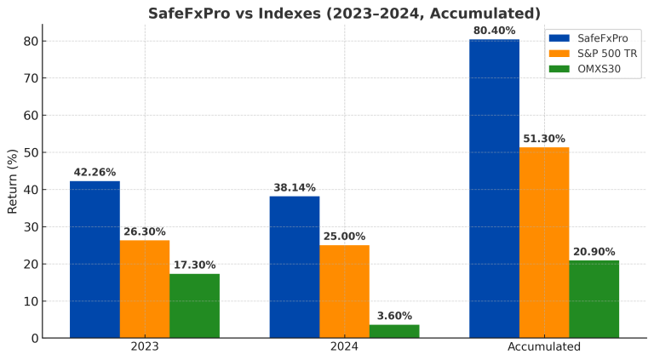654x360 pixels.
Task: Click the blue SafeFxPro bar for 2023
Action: tap(95, 259)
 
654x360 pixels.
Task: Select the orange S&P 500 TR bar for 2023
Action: tap(145, 289)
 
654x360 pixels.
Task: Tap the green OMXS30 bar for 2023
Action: tap(195, 305)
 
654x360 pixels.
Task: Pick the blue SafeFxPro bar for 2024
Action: tap(295, 266)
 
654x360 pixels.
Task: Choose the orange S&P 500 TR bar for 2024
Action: tap(345, 291)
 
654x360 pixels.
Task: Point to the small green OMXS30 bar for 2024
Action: tap(394, 331)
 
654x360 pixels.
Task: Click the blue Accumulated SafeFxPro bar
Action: tap(494, 188)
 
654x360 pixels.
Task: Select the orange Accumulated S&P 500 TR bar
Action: tap(544, 242)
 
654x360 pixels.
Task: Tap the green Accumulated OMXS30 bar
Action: tap(594, 299)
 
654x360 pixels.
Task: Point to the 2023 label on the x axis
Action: tap(145, 347)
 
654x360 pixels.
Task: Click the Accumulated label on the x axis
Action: tap(544, 347)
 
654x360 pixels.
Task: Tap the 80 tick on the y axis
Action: tap(30, 41)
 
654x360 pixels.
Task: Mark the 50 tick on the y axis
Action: tap(30, 152)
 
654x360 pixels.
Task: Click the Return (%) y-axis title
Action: tap(12, 181)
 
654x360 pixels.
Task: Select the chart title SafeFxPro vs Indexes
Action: tap(344, 13)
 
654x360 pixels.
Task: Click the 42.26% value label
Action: tap(95, 172)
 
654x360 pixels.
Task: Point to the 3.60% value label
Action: tap(394, 316)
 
